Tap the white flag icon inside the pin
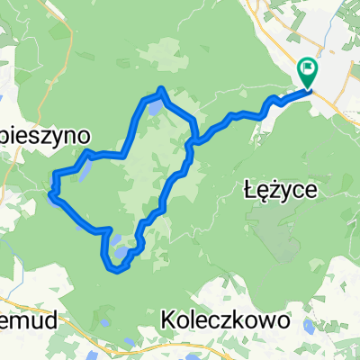[308, 67]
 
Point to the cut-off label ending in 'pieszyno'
[45, 133]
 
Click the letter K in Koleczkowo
[168, 319]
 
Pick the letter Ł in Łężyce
[249, 189]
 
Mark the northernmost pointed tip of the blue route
[160, 88]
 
